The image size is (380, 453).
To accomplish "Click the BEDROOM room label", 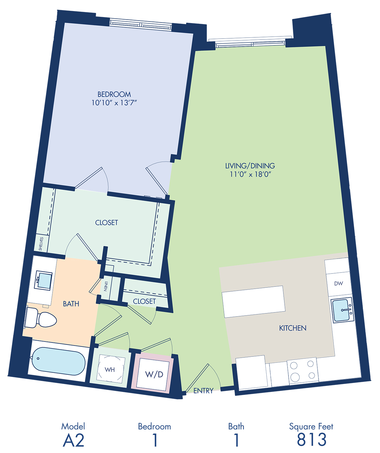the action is pos(114,94).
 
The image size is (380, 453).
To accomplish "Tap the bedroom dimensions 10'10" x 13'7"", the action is pos(114,103).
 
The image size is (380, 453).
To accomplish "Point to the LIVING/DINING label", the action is pos(250,166).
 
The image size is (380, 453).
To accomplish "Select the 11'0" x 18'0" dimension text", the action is pos(250,174).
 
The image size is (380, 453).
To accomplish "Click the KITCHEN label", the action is pos(293,328).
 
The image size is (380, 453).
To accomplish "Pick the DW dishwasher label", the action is pos(339,283).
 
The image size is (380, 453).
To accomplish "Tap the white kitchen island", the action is pos(253,302).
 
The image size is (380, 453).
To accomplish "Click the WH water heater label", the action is pos(110,369).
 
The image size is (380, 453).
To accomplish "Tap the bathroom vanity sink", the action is pos(44,280).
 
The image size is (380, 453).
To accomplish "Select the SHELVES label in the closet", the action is pos(41,244).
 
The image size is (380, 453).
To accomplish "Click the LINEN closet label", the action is pos(106,286).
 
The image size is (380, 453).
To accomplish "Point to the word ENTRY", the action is pos(203,391).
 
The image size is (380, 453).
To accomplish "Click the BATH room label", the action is pos(71,304).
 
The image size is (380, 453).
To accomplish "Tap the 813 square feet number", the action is pos(311,440).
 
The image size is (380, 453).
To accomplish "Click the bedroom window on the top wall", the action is pos(140,24).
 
